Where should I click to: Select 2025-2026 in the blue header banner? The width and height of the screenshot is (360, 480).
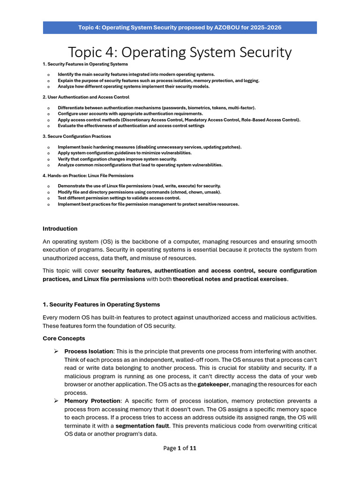tap(264, 28)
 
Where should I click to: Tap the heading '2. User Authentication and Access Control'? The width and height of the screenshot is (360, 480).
tap(86, 97)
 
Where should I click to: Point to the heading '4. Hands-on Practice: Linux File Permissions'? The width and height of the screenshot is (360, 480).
tap(88, 175)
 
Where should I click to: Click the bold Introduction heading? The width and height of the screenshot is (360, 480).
tap(60, 229)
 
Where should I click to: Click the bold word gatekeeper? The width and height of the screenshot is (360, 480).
tap(213, 384)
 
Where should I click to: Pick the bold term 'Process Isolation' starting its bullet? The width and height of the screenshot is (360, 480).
tap(89, 351)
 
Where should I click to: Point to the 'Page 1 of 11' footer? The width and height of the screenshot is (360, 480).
tap(180, 448)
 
